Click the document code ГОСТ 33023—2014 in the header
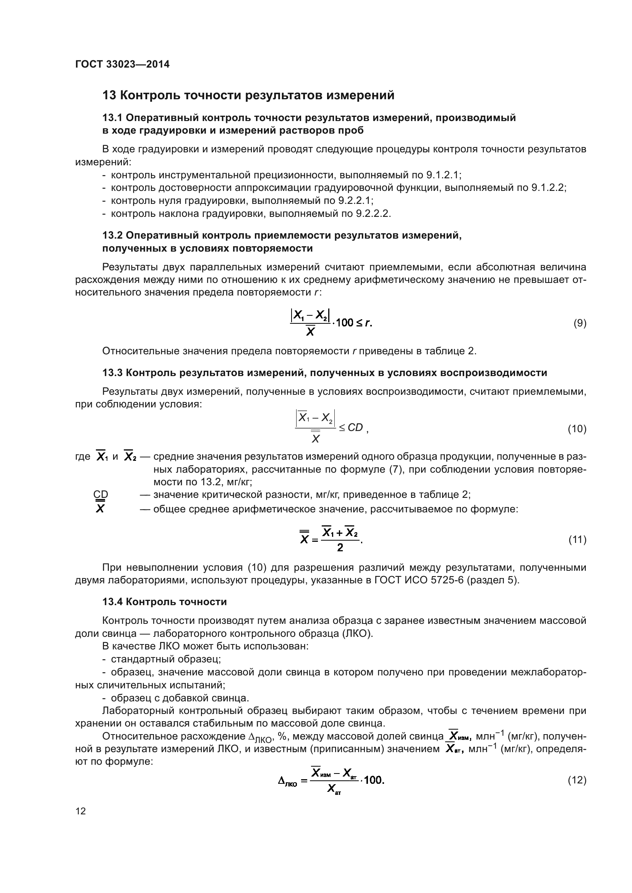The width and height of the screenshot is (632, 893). click(x=122, y=65)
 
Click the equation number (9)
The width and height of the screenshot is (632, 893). click(x=580, y=323)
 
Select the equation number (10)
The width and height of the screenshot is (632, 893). click(x=577, y=429)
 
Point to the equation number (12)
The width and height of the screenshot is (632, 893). click(x=577, y=781)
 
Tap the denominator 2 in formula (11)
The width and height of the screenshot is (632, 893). click(x=340, y=548)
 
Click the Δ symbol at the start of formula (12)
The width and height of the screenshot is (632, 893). click(x=281, y=781)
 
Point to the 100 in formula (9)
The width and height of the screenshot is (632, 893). click(x=344, y=323)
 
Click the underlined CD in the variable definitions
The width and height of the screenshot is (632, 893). click(x=101, y=495)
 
